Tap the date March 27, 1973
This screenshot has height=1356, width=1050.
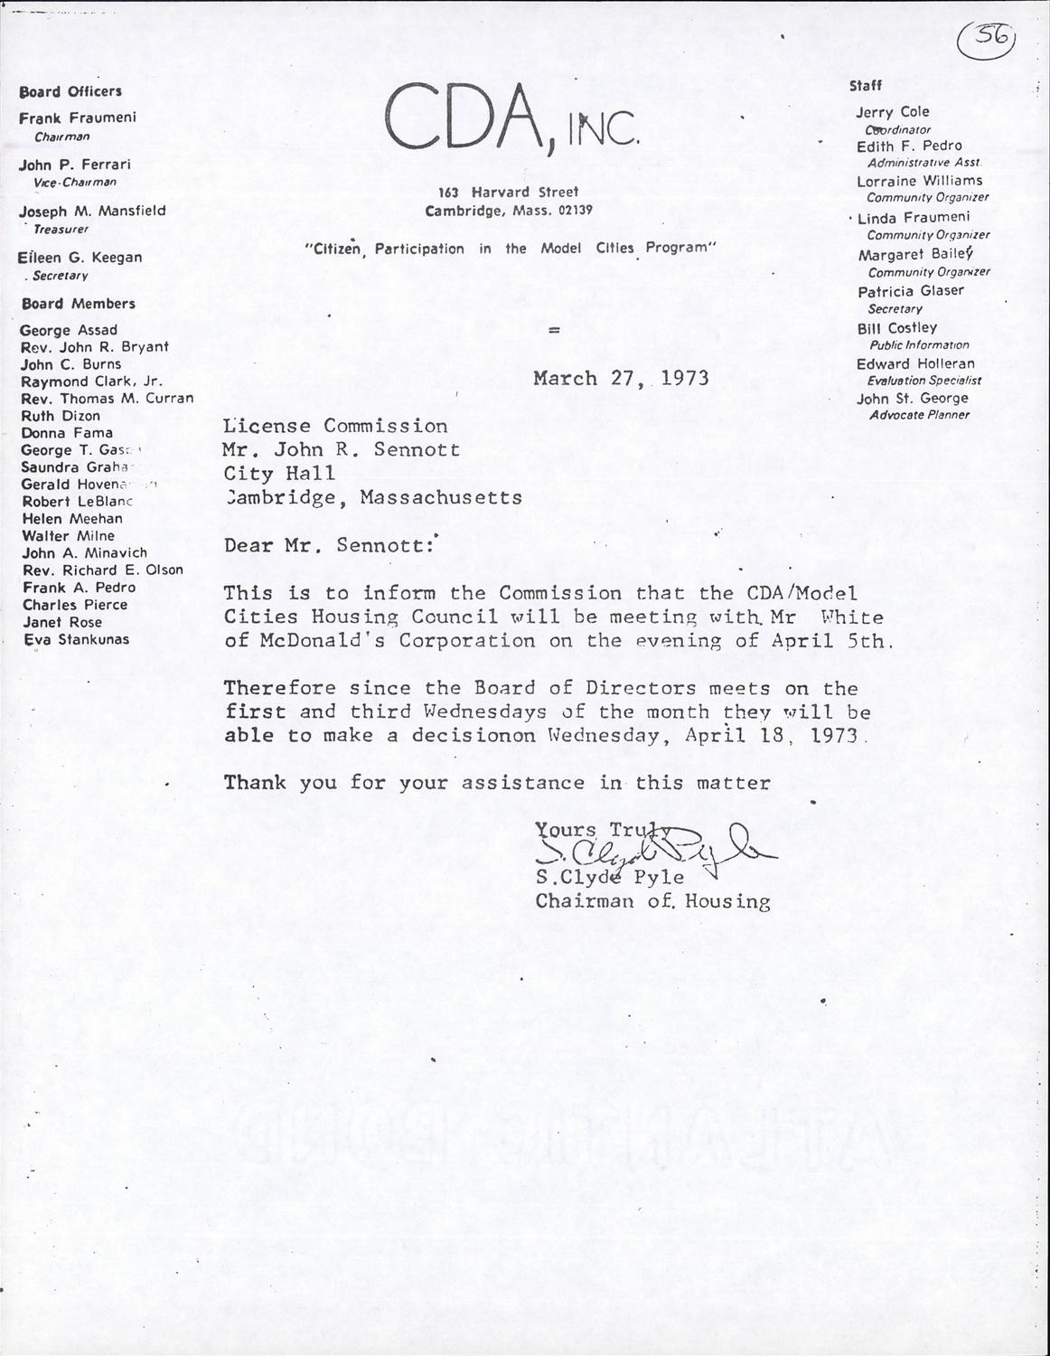tap(621, 378)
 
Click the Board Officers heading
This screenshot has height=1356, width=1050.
tap(70, 91)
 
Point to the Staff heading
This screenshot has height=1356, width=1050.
tap(866, 86)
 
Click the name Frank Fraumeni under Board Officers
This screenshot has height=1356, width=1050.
tap(78, 118)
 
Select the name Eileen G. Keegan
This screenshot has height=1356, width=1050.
tap(80, 258)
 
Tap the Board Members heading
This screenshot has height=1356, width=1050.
tap(78, 304)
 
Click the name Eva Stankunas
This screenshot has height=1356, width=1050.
tap(76, 640)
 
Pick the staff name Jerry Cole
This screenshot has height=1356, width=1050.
tap(893, 112)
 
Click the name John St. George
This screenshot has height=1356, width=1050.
tap(912, 399)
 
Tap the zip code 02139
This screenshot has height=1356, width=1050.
tap(575, 211)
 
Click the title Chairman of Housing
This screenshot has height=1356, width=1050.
tap(652, 901)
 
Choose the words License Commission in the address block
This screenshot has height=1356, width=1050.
tap(335, 426)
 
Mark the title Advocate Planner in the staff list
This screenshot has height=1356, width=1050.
tap(919, 415)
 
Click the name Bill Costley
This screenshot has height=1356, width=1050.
tap(896, 328)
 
